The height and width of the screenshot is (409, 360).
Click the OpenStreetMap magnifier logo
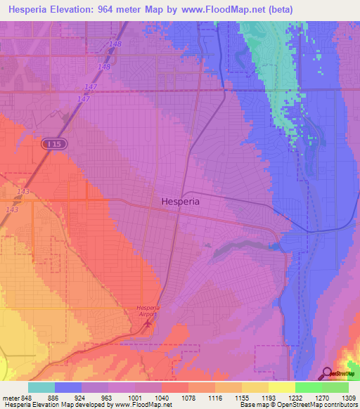click(328, 372)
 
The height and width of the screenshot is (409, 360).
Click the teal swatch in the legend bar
click(41, 387)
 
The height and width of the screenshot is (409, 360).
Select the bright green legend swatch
click(308, 387)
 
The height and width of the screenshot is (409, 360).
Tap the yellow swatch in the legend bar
click(281, 387)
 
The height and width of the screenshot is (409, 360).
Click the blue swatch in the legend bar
click(68, 387)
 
